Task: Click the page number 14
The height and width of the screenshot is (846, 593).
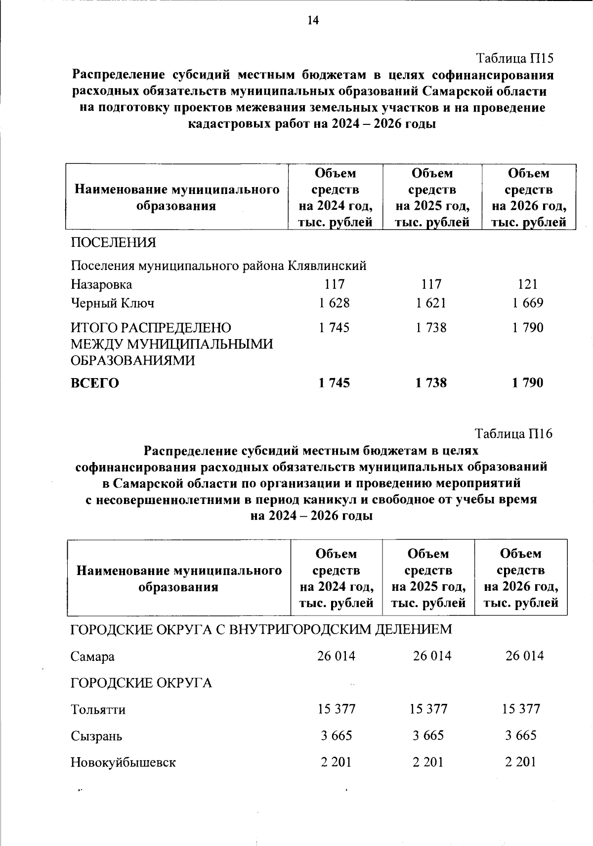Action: pyautogui.click(x=313, y=20)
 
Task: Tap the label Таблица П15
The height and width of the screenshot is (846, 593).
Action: pyautogui.click(x=514, y=58)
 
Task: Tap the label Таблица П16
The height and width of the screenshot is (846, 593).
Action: pyautogui.click(x=513, y=433)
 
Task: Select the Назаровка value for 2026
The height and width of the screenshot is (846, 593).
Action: pyautogui.click(x=528, y=284)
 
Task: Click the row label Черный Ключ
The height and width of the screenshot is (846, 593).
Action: pyautogui.click(x=113, y=303)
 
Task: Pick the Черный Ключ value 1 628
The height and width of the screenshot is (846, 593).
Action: pyautogui.click(x=334, y=303)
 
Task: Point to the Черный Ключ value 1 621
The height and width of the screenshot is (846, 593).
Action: pyautogui.click(x=431, y=303)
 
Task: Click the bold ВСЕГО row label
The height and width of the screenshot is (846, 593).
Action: pyautogui.click(x=95, y=383)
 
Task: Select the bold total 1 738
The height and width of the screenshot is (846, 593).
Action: pyautogui.click(x=431, y=383)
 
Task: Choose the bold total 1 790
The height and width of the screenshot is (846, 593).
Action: pyautogui.click(x=528, y=383)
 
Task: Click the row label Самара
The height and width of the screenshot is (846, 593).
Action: pyautogui.click(x=92, y=656)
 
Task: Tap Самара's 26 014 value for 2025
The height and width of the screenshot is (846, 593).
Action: pyautogui.click(x=432, y=656)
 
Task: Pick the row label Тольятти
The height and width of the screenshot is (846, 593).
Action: pyautogui.click(x=98, y=710)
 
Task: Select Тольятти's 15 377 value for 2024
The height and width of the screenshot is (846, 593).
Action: pyautogui.click(x=336, y=709)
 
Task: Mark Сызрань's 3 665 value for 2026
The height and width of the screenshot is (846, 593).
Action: pyautogui.click(x=521, y=736)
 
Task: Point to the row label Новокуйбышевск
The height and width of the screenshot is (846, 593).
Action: pyautogui.click(x=123, y=763)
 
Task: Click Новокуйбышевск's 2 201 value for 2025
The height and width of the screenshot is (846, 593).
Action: pyautogui.click(x=428, y=763)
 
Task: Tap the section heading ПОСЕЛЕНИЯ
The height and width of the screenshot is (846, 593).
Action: pyautogui.click(x=113, y=242)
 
